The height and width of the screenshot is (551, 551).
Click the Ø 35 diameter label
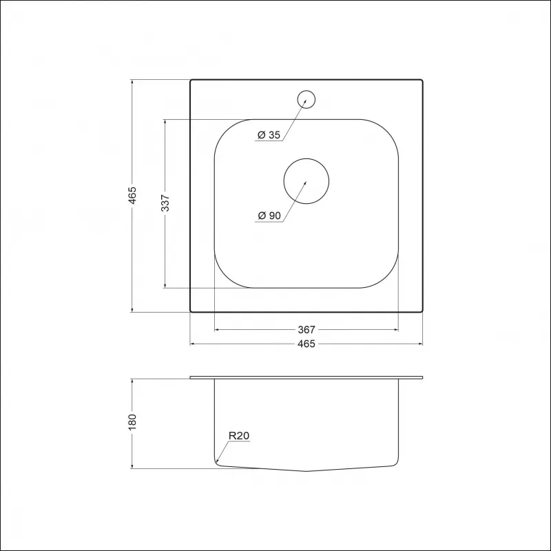269,135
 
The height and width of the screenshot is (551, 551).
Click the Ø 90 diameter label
269,216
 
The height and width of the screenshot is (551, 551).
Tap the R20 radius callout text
239,436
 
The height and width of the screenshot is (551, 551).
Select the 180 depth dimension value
132,422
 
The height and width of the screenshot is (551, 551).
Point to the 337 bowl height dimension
165,202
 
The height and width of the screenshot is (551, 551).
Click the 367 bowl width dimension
306,330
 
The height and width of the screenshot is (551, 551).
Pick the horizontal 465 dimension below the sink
306,344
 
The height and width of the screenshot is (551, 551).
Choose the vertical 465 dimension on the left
132,196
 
